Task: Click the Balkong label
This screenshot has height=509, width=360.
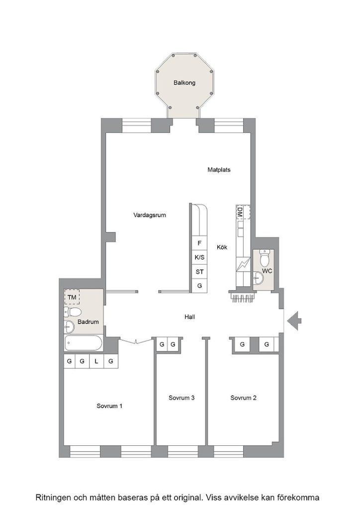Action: tap(184, 83)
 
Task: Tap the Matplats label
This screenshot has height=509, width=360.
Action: tap(219, 170)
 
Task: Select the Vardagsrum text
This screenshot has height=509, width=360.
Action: tap(150, 215)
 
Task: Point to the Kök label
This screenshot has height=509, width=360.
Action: tap(222, 248)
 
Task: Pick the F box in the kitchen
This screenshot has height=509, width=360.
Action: tap(199, 243)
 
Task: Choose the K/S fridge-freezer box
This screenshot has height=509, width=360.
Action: tap(199, 257)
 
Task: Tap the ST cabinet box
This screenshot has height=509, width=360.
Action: tap(199, 272)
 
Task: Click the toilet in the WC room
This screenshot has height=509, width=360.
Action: tap(265, 257)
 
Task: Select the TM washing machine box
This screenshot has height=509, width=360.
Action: tap(72, 297)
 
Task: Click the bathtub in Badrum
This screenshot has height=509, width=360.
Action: tap(84, 343)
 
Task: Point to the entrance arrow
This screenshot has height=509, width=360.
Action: tap(294, 321)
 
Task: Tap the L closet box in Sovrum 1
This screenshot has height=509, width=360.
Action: tap(96, 361)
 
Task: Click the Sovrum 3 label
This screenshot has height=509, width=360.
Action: tap(181, 398)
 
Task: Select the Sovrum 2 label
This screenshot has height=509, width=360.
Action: tap(244, 398)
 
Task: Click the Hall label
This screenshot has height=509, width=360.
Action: tap(190, 317)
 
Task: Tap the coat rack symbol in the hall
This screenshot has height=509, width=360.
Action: tap(243, 297)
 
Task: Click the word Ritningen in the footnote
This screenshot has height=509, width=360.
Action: tap(53, 498)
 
